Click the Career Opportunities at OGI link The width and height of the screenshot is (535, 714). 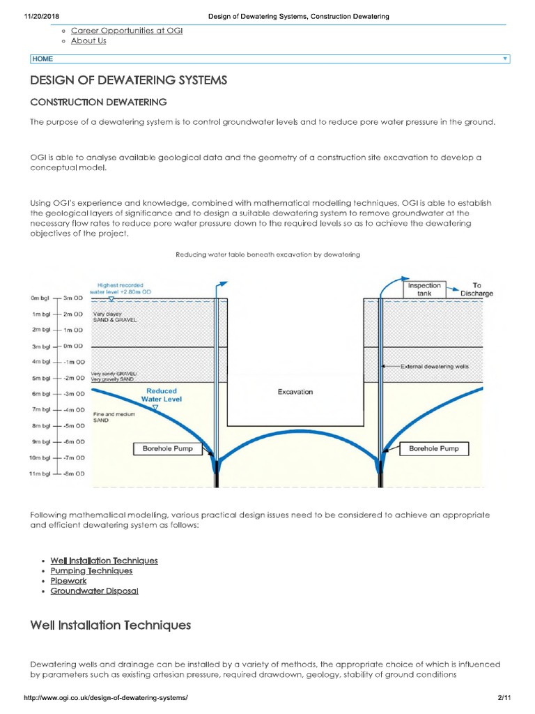pos(126,31)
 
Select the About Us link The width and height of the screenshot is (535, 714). pos(88,41)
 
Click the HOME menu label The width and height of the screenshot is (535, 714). pos(42,59)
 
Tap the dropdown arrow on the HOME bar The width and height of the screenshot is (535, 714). pos(504,59)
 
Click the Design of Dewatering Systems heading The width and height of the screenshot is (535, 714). pos(128,80)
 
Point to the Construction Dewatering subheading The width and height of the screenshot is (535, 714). pos(98,102)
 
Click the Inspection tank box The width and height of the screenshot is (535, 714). pos(424,289)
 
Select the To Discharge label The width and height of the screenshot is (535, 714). pos(476,289)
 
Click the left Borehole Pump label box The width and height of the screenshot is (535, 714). pos(167,448)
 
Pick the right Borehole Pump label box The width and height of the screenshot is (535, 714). pos(433,448)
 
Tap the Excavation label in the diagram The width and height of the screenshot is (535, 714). pos(295,392)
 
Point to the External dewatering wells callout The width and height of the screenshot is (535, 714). pos(435,366)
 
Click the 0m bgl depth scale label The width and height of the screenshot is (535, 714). pos(40,298)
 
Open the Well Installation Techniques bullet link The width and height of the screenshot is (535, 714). pos(104,561)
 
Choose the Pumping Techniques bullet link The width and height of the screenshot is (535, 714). pos(91,571)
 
